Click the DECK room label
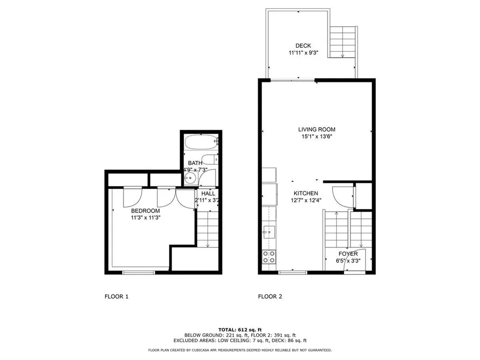(303, 45)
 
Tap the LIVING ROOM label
(317, 129)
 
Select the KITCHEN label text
(306, 193)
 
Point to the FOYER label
(348, 254)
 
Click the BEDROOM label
(145, 211)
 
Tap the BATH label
(195, 163)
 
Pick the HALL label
(208, 194)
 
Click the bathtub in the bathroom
(202, 142)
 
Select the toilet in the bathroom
(210, 159)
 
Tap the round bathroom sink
(190, 178)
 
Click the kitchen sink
(269, 232)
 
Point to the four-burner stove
(269, 257)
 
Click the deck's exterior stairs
(343, 42)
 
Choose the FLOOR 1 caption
(117, 296)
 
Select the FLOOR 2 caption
(270, 296)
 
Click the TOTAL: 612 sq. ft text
(240, 330)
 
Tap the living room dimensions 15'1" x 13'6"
(317, 137)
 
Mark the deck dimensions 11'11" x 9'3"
(303, 52)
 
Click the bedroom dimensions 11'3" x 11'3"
(146, 218)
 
